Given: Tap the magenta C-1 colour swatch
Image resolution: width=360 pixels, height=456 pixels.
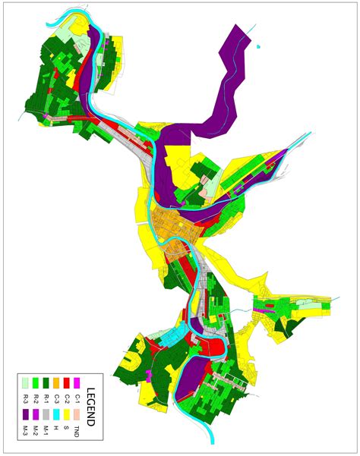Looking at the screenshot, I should coord(77,383).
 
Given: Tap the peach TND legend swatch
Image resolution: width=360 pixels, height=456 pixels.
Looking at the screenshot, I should coord(77,414).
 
